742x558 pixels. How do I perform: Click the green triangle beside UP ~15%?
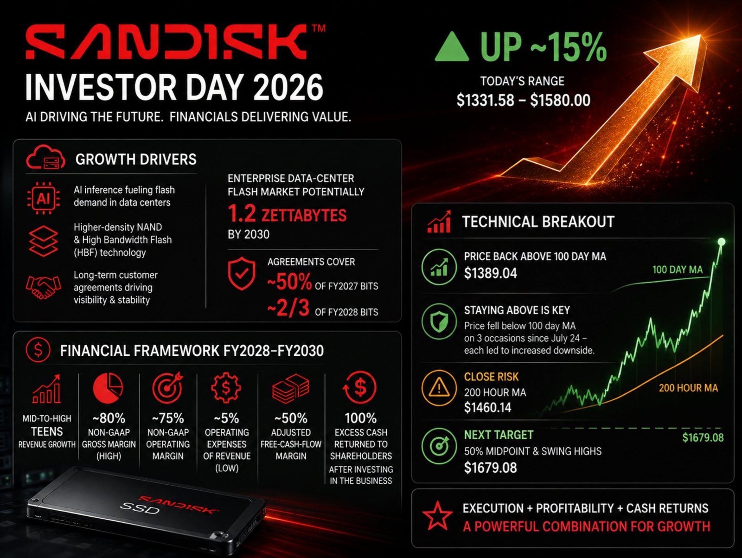point(452,47)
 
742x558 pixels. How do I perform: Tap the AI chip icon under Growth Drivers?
point(43,199)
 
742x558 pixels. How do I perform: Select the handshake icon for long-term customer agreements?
point(43,287)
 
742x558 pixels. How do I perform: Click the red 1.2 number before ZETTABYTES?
point(242,214)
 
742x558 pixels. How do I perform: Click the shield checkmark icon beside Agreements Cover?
point(241,273)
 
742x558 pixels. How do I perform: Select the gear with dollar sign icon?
point(226,387)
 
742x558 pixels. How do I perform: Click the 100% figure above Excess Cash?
point(361,418)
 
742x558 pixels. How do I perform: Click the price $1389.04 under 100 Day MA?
point(491,273)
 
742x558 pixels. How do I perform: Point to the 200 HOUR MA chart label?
point(688,388)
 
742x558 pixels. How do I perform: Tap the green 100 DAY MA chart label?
point(678,269)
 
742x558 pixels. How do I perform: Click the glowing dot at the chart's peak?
point(722,242)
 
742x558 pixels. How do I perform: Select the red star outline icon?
point(437,516)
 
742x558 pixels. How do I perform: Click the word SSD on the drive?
point(140,507)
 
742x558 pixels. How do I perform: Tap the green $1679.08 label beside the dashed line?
point(703,438)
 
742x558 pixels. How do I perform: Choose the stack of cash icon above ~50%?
point(291,388)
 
